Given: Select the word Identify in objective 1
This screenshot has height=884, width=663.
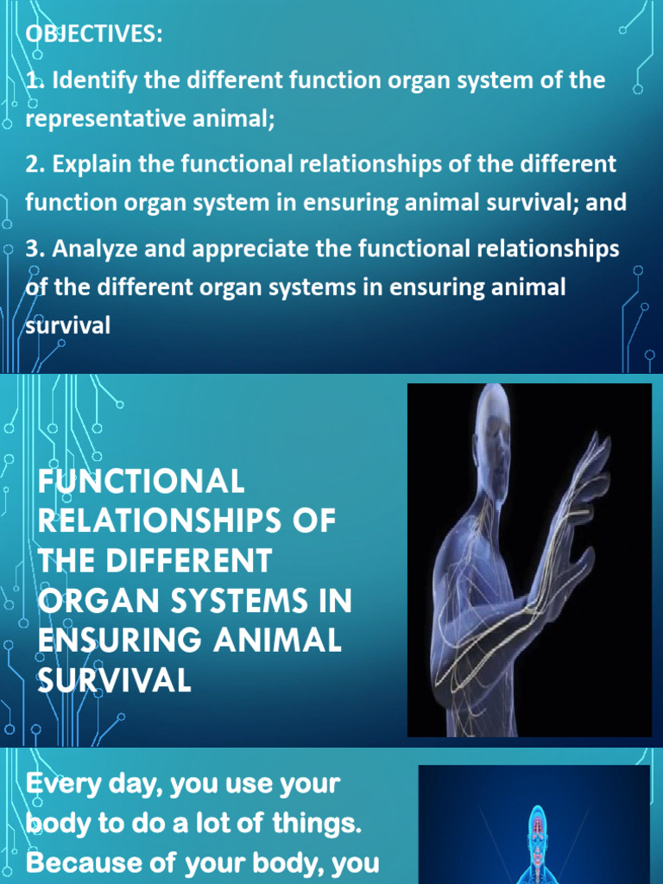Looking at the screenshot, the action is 95,80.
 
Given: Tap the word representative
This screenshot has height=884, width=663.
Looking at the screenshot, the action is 105,119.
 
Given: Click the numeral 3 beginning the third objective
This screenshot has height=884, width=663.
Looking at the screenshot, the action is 32,249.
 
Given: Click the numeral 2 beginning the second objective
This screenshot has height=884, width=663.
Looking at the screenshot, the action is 32,164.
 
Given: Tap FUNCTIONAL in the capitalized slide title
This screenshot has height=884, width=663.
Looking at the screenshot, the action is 141,481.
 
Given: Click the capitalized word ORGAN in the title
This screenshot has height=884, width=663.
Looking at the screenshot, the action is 98,600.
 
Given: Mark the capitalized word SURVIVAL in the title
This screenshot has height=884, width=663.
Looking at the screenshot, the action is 115,679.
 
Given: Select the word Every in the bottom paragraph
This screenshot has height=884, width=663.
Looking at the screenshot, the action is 64,784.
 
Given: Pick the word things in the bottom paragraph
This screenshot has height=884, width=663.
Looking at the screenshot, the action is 317,824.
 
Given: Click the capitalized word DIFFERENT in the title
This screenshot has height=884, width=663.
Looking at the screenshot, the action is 189,560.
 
